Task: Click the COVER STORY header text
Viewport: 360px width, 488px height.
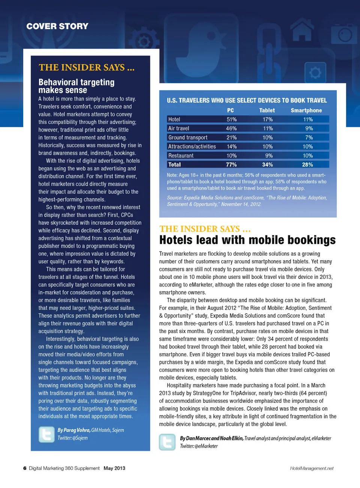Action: point(57,26)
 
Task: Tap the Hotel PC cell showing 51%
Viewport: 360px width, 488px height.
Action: point(231,119)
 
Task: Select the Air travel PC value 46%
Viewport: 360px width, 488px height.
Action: point(231,128)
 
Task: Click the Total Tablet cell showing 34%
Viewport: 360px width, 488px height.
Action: point(267,164)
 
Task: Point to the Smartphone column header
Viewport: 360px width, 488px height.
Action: point(306,110)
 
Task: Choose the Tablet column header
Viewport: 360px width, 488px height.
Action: point(267,110)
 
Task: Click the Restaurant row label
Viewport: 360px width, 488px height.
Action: point(181,155)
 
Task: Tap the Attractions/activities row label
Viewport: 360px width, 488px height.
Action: point(192,146)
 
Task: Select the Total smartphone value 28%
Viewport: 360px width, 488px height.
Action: point(307,164)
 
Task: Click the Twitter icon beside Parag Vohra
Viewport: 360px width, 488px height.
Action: point(46,434)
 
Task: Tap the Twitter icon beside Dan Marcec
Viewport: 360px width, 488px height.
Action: point(167,442)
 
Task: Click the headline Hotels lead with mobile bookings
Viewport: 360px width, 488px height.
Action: point(247,240)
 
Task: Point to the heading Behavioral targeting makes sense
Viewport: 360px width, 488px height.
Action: point(76,86)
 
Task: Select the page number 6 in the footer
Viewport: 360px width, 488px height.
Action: point(25,468)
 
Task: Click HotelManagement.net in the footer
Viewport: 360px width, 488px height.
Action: point(312,468)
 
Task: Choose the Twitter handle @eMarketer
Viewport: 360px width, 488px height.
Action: point(206,446)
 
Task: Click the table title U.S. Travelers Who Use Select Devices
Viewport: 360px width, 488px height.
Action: point(247,100)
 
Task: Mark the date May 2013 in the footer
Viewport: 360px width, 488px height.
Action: point(114,468)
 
